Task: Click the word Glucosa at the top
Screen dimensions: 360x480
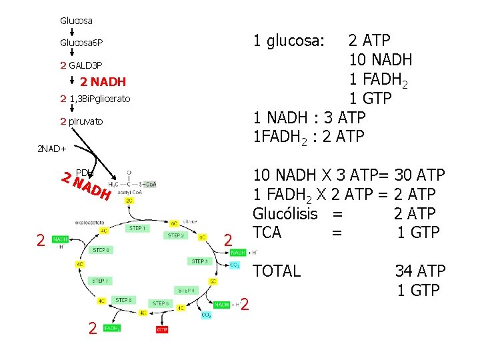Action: click(76, 21)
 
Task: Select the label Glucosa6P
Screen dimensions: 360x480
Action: click(81, 43)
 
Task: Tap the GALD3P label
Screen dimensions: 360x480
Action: click(85, 65)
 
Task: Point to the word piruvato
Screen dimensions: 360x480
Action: click(85, 121)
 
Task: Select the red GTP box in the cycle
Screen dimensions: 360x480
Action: click(162, 329)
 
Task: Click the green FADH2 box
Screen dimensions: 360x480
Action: click(112, 328)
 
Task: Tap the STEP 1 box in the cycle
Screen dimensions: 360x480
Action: click(137, 229)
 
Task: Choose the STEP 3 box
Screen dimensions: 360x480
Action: click(200, 261)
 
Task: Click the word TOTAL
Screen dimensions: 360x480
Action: click(277, 271)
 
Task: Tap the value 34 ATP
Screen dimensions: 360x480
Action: click(420, 271)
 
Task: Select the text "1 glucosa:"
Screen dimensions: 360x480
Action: click(288, 41)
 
